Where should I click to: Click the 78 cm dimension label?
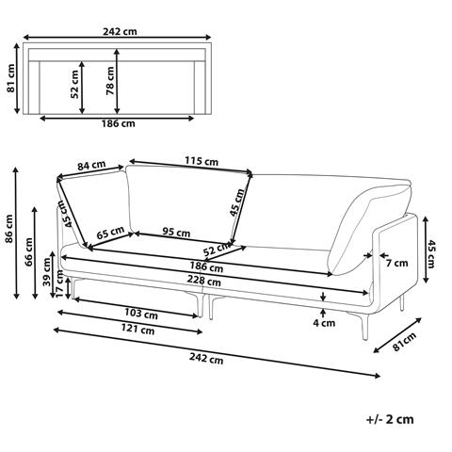110,81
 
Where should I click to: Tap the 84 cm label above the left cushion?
91,165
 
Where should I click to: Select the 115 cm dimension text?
202,161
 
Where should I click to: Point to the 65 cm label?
110,233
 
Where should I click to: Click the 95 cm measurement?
176,233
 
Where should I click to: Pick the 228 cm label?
204,280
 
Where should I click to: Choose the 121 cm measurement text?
138,330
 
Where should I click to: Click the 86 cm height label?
8,228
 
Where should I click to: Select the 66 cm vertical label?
28,251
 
